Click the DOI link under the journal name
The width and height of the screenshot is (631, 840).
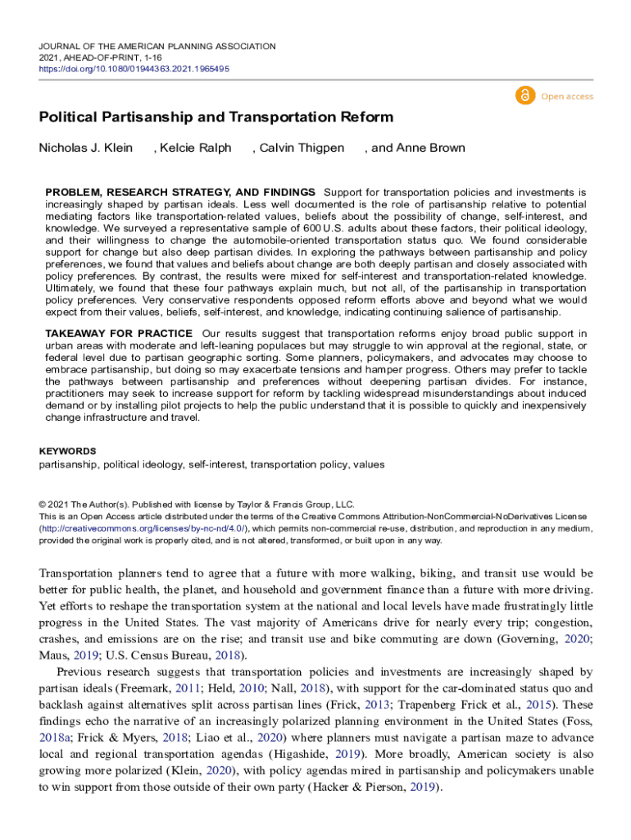[134, 69]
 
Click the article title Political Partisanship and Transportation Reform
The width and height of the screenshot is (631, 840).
[216, 117]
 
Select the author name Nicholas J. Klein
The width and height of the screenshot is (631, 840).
[84, 148]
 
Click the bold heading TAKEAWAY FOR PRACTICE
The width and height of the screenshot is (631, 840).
[119, 334]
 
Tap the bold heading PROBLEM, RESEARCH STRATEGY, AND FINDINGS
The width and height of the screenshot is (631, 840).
[180, 191]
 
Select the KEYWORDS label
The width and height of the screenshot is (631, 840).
[68, 451]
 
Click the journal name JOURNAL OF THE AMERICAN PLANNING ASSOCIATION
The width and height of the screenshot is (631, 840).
[157, 47]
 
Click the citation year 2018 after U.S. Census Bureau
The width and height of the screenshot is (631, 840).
[228, 655]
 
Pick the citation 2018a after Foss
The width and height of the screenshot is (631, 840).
[55, 738]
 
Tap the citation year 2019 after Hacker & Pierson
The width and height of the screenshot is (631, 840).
[424, 787]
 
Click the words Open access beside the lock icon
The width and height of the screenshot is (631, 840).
[567, 97]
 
